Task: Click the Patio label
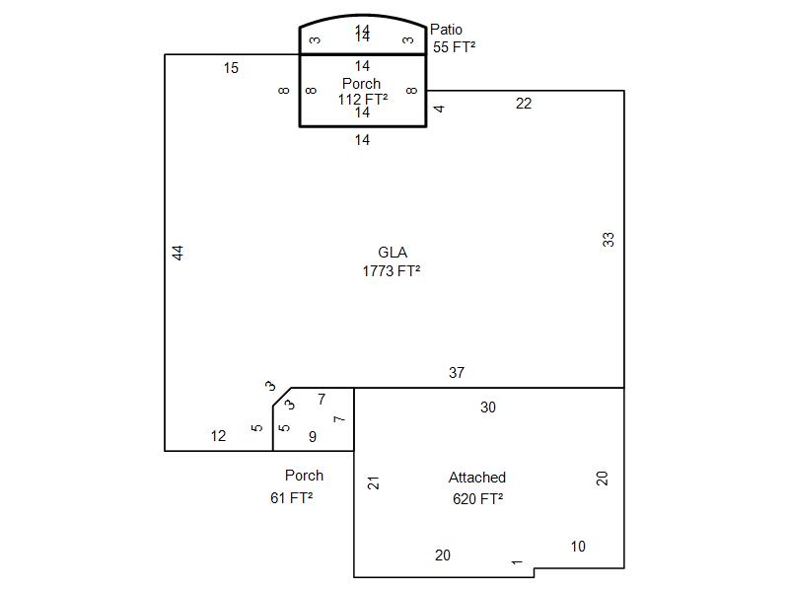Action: point(446,30)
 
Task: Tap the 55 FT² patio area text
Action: point(454,46)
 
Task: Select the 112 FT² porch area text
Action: point(362,99)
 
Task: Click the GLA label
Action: point(393,253)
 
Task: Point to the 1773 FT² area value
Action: point(392,270)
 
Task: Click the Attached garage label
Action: point(477,478)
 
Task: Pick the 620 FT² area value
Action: point(477,499)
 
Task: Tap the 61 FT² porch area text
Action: point(291,498)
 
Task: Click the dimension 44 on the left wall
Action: point(178,253)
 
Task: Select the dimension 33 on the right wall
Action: point(609,239)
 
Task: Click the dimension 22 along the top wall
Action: point(524,104)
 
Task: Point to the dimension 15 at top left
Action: point(231,68)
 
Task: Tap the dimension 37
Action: point(457,373)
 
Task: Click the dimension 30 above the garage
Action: point(487,407)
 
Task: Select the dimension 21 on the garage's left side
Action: point(373,482)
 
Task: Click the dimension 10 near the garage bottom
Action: point(578,547)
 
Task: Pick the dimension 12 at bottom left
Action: point(218,436)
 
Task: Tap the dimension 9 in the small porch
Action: point(313,436)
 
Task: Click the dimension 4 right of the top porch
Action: point(439,109)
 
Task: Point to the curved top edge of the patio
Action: point(363,15)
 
